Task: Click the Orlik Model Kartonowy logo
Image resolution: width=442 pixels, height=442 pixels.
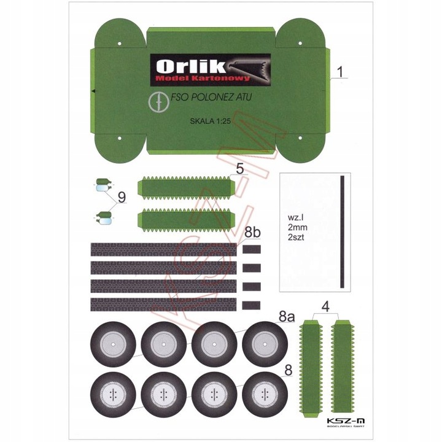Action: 211,69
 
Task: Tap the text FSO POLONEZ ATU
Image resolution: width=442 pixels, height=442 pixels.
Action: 211,97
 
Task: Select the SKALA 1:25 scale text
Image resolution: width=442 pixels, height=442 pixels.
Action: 211,121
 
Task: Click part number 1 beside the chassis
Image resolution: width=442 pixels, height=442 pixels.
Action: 341,72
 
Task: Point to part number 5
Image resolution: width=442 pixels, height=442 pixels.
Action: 239,169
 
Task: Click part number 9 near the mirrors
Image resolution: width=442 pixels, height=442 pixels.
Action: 122,197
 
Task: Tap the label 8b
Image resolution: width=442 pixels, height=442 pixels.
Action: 252,233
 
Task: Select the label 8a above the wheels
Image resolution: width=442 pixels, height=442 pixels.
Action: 287,317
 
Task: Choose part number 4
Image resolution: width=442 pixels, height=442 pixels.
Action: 325,306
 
